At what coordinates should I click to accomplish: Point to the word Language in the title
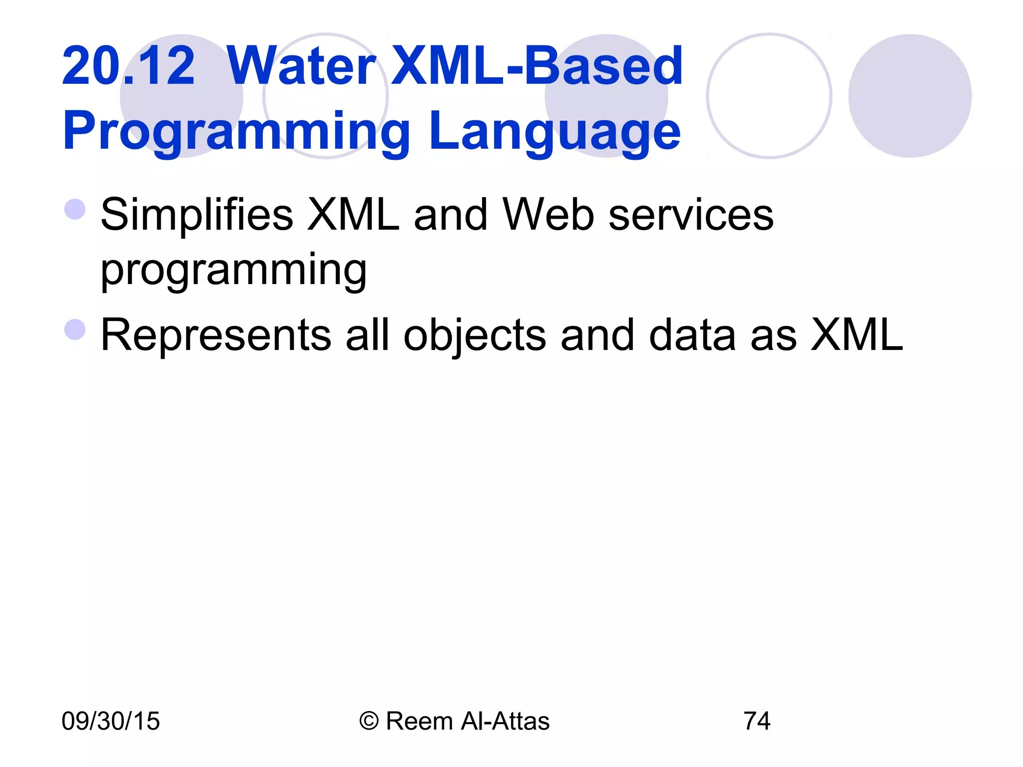tap(554, 131)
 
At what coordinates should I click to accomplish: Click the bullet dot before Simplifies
tap(75, 209)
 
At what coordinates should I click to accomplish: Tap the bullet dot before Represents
tap(75, 330)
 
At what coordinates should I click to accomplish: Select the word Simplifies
tap(197, 215)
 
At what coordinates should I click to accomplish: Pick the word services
tap(691, 215)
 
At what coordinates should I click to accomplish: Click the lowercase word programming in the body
tap(234, 271)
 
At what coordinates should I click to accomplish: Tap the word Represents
tap(216, 335)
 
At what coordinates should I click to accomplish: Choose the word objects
tap(475, 336)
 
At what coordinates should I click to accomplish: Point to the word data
tap(692, 335)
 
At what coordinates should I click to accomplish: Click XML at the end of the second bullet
tap(856, 335)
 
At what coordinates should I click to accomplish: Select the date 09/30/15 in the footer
tap(110, 721)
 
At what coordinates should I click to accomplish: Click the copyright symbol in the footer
tap(369, 721)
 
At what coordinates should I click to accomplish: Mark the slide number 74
tap(757, 721)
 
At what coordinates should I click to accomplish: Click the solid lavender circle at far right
tap(910, 96)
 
